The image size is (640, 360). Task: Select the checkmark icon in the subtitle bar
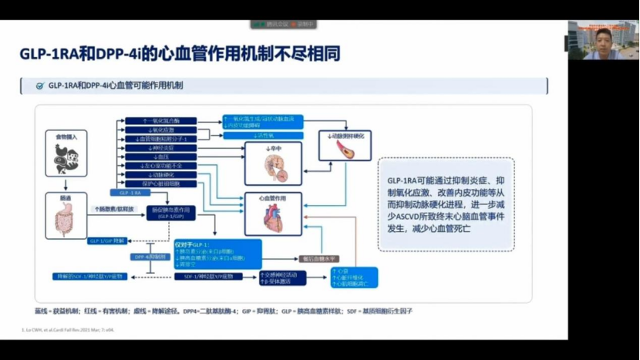(x=39, y=86)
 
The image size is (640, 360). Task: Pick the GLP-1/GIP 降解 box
(x=106, y=241)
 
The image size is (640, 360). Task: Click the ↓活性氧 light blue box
(x=261, y=136)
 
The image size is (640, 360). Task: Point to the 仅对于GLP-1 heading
(x=198, y=244)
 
